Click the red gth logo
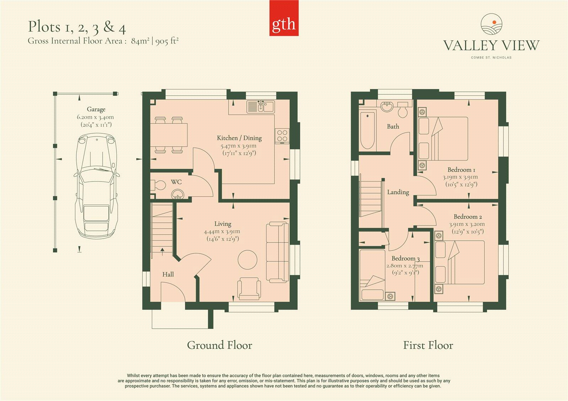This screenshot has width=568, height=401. [x=284, y=18]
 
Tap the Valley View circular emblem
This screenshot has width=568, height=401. [x=491, y=24]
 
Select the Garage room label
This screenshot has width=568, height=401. [x=96, y=109]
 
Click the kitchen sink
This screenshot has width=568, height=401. [x=261, y=106]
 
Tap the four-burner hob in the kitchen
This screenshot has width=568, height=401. [x=282, y=136]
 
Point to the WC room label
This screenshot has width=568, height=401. [x=176, y=182]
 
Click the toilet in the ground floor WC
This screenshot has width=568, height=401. [x=158, y=185]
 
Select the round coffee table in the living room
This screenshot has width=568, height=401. [x=247, y=260]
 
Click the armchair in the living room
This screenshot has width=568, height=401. [x=249, y=288]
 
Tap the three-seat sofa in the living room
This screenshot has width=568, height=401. [x=277, y=252]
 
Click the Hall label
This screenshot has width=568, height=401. [x=168, y=274]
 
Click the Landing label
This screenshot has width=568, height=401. [x=398, y=192]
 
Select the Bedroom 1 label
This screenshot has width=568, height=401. [x=461, y=169]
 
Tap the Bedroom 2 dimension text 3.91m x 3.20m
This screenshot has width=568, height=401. [x=467, y=224]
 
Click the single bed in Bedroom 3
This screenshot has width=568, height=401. [x=372, y=275]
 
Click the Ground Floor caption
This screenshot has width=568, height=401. [x=220, y=345]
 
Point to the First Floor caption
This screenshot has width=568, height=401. [x=428, y=345]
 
